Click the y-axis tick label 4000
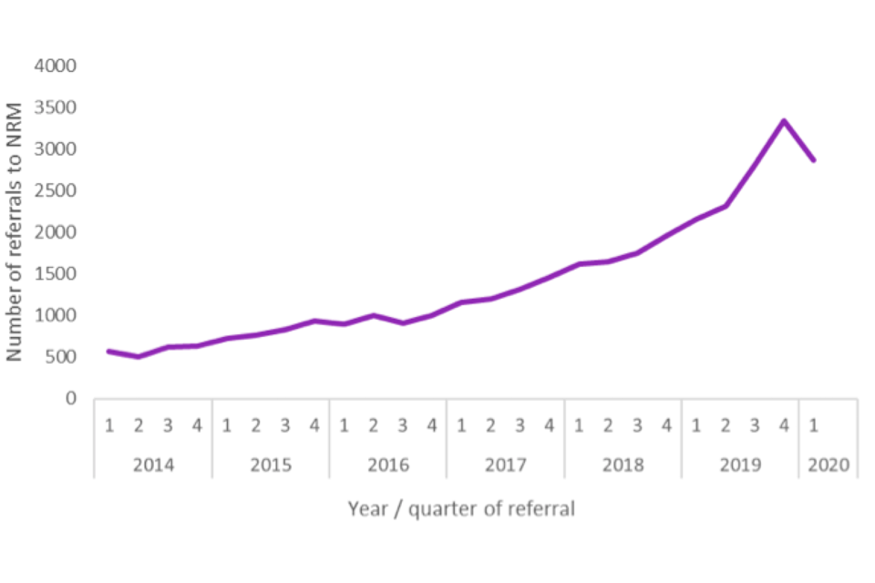click(56, 66)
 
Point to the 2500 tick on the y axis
click(56, 191)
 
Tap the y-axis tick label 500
click(60, 357)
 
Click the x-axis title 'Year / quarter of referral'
click(461, 509)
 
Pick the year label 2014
click(153, 465)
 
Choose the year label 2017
click(505, 465)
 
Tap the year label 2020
click(828, 465)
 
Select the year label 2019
click(740, 465)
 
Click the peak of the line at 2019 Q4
click(784, 120)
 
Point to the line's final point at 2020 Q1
click(813, 160)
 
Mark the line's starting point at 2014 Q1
click(109, 351)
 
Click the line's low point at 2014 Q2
click(139, 356)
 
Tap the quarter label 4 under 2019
click(784, 425)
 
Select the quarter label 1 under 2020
click(813, 425)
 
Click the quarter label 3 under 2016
click(403, 425)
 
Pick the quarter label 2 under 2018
click(608, 425)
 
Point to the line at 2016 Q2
click(374, 315)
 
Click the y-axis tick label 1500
click(56, 274)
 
